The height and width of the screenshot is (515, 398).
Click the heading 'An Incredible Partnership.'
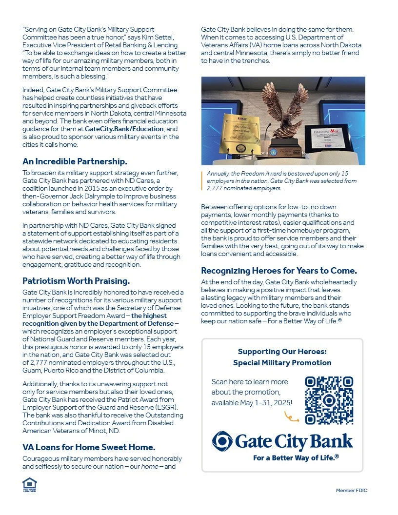tap(75, 161)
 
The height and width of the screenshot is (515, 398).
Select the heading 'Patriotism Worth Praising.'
tap(76, 281)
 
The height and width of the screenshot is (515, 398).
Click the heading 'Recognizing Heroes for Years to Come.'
tap(279, 271)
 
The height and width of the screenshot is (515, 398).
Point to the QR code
tap(329, 400)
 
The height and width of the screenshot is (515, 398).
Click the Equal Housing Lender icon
tap(29, 484)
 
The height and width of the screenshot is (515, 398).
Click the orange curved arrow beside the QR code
tap(292, 416)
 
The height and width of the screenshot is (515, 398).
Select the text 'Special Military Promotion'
tap(282, 363)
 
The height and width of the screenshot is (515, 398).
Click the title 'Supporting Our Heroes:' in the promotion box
tap(282, 351)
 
